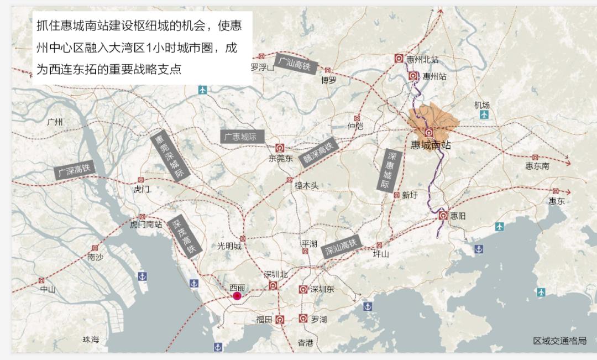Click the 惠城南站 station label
point(431,145)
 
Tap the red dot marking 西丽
point(237,296)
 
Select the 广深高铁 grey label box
point(75,170)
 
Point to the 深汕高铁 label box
point(341,247)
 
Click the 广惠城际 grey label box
point(242,137)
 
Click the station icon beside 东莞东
point(280,148)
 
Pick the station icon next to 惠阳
point(443,215)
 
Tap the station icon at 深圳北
point(273,285)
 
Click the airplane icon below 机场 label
point(484,114)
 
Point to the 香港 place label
point(305,343)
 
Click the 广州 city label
point(55,122)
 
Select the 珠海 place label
point(91,340)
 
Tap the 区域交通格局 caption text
point(559,341)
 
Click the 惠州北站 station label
point(422,59)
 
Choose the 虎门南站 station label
point(146,225)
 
